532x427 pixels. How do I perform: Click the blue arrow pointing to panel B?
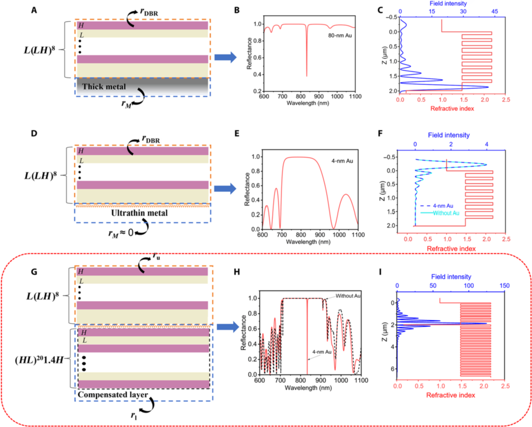[x=226, y=58]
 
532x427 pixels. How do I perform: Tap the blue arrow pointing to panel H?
[x=226, y=328]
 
